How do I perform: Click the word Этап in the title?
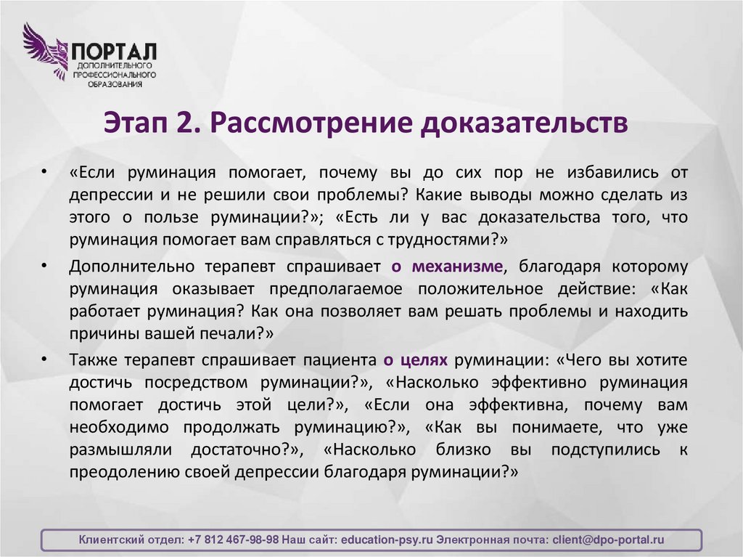[x=133, y=122]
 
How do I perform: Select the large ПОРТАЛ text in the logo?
[x=112, y=52]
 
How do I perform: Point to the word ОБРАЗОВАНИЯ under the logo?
[x=112, y=84]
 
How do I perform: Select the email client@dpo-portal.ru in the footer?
[x=608, y=540]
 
